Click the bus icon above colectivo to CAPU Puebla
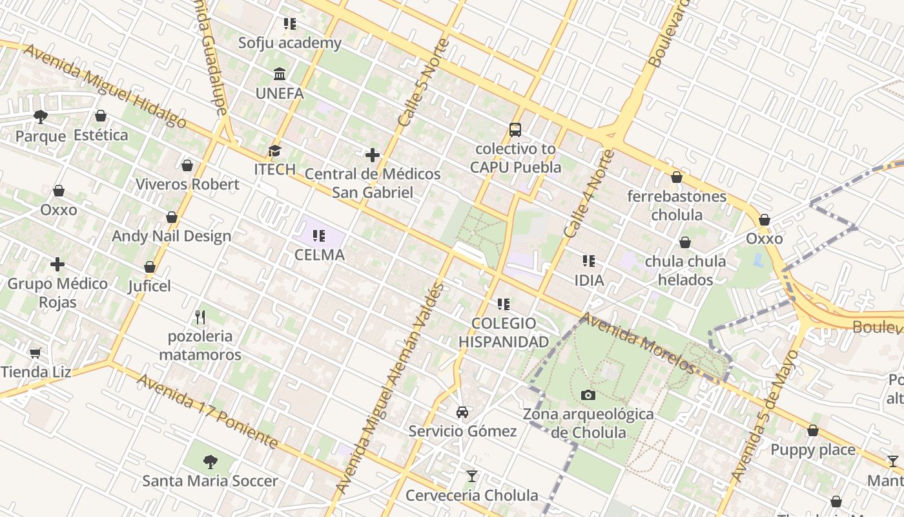[x=515, y=130]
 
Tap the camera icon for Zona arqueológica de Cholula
[x=588, y=395]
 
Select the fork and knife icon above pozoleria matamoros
[x=200, y=317]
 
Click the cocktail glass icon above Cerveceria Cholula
[x=472, y=476]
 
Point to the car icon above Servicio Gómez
[x=462, y=412]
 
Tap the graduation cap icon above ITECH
[x=275, y=151]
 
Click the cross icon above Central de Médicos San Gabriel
[x=373, y=155]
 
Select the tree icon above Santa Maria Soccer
[x=210, y=461]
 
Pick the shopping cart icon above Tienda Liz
[x=36, y=353]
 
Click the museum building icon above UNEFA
[x=280, y=74]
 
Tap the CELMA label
[x=320, y=255]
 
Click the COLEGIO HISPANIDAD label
[x=504, y=332]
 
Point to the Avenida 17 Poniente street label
[x=207, y=412]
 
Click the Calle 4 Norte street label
[x=588, y=193]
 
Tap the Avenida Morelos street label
[x=639, y=343]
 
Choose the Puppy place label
[x=813, y=450]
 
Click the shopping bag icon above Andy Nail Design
[x=172, y=217]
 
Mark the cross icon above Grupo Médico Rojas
[x=57, y=264]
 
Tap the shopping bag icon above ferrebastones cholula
[x=677, y=177]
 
